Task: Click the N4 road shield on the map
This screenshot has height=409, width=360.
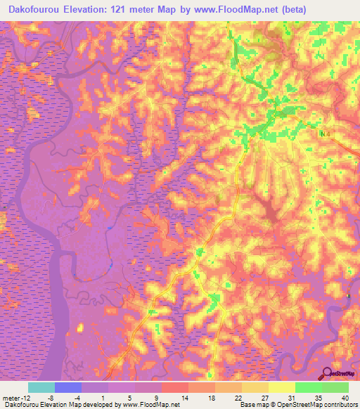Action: click(x=324, y=134)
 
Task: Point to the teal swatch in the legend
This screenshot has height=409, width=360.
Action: click(x=41, y=387)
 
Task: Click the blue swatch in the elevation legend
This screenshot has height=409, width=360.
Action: click(x=68, y=387)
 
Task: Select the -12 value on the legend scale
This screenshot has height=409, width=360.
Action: click(x=25, y=397)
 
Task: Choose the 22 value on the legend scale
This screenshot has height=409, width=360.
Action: click(x=242, y=397)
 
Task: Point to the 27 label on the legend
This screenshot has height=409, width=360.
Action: click(x=269, y=397)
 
